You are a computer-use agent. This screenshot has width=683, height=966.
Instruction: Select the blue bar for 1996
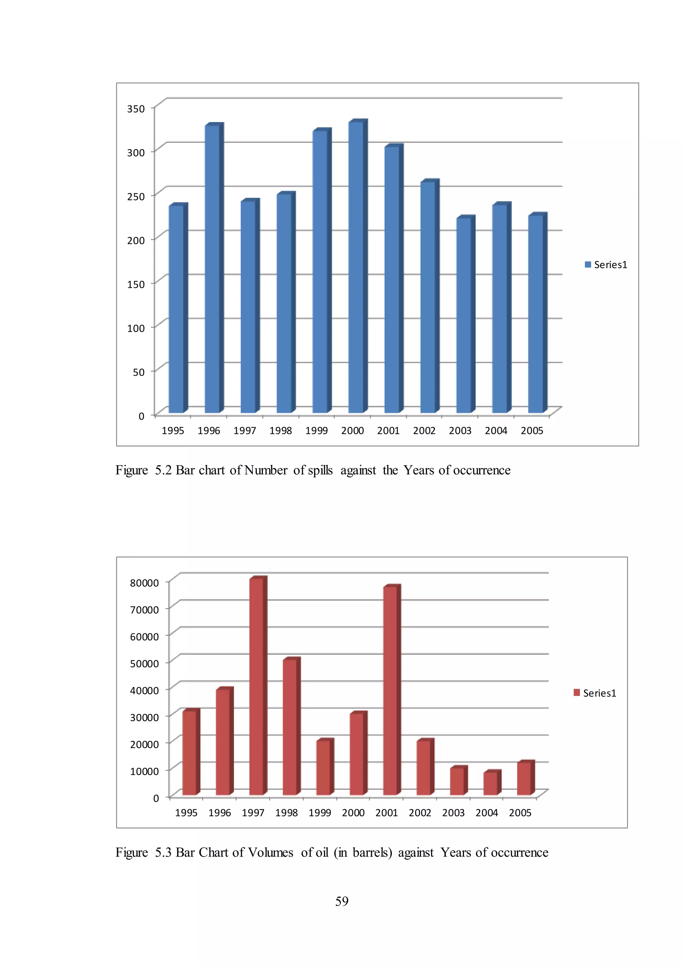pyautogui.click(x=212, y=269)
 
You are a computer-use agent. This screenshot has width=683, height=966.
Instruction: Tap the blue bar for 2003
pyautogui.click(x=464, y=316)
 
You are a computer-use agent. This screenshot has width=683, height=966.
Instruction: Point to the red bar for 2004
pyautogui.click(x=490, y=784)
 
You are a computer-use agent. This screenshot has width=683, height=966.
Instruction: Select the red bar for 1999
pyautogui.click(x=323, y=768)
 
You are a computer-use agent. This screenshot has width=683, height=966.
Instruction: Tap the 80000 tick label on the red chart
pyautogui.click(x=144, y=583)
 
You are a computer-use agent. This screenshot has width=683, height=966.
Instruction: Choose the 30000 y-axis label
pyautogui.click(x=144, y=717)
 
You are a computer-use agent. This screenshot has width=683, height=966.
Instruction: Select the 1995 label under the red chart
pyautogui.click(x=186, y=813)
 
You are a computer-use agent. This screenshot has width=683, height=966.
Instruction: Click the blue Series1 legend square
pyautogui.click(x=588, y=265)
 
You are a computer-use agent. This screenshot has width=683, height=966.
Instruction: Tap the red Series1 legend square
pyautogui.click(x=577, y=692)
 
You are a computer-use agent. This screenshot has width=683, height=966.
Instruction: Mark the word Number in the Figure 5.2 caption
pyautogui.click(x=266, y=470)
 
